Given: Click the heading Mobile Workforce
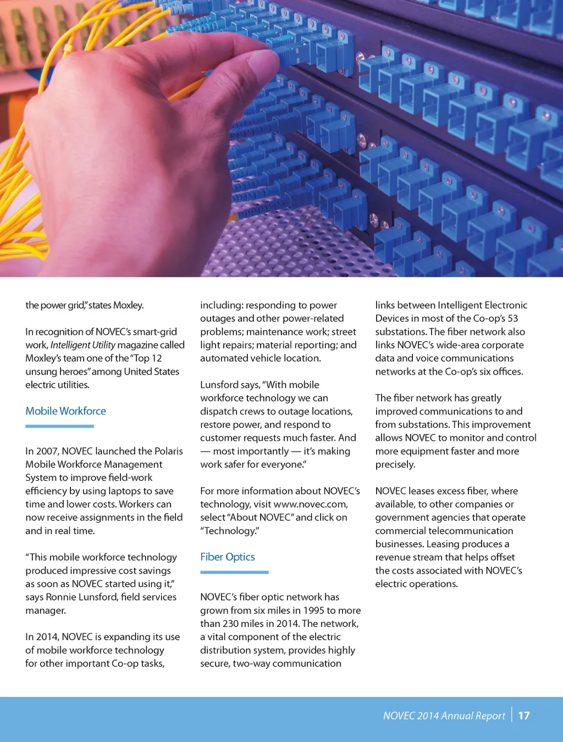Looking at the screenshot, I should [65, 411].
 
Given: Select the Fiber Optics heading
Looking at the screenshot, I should [227, 557].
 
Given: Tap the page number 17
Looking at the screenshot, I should [524, 716].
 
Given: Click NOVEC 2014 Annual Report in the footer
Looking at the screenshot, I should [444, 716].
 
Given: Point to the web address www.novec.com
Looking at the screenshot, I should [310, 504].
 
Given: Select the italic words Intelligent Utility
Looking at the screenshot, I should [82, 345].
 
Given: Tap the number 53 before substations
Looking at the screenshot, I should [512, 318].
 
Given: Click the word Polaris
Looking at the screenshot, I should [168, 451].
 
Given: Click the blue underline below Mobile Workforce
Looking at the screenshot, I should [59, 426].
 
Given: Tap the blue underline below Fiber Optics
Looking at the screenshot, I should [234, 572].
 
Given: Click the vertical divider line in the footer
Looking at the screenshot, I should [512, 714].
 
